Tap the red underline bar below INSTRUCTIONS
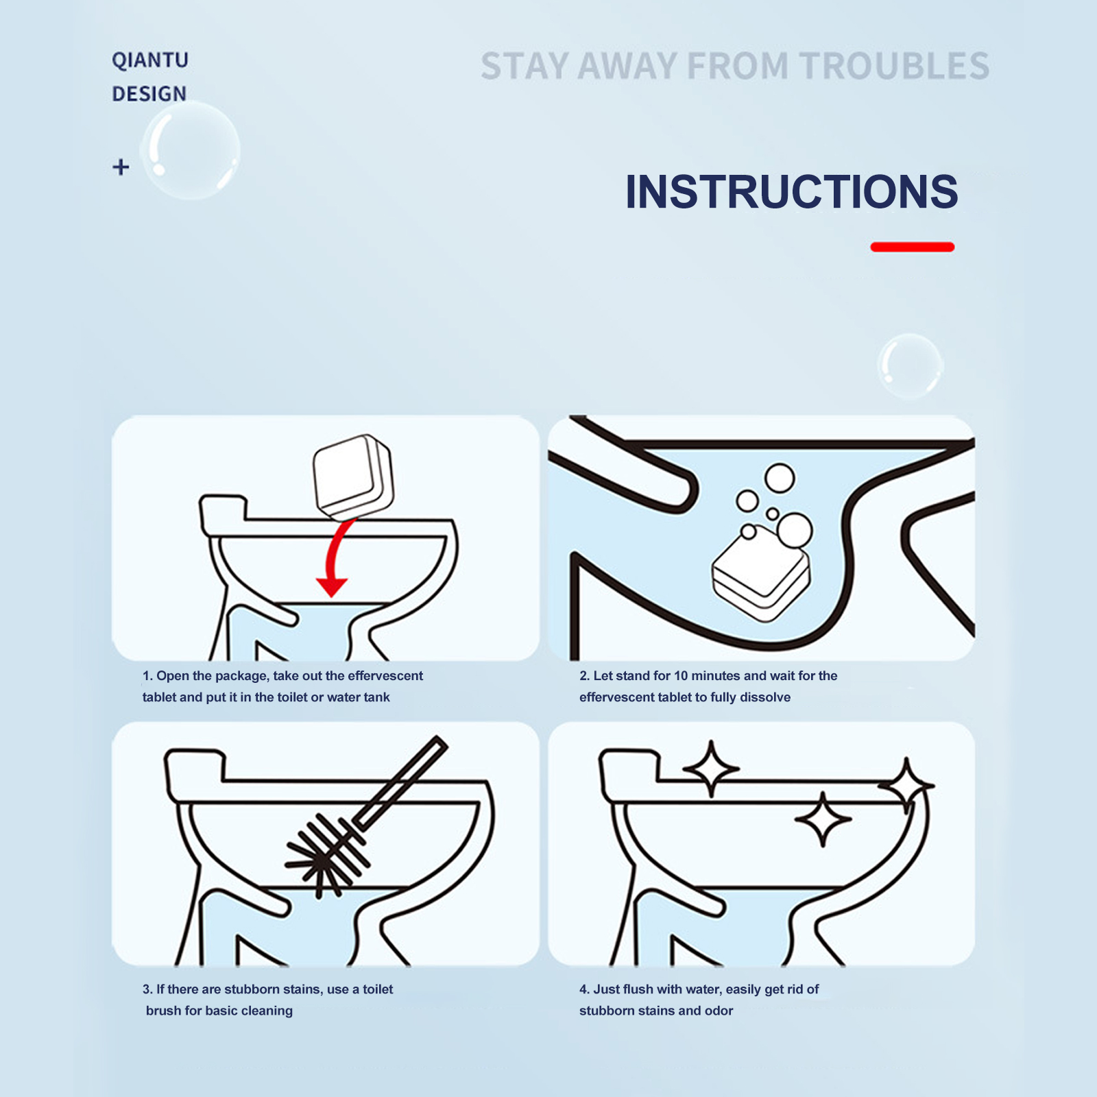[x=913, y=247]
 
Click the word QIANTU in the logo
[x=150, y=60]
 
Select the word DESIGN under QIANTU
[x=149, y=93]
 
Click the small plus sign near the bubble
[x=121, y=167]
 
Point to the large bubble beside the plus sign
[x=191, y=151]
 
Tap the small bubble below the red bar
[x=911, y=366]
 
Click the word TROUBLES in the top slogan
[x=895, y=67]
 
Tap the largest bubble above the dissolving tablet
[x=795, y=531]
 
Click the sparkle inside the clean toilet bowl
[x=823, y=819]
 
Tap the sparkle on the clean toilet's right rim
[x=906, y=786]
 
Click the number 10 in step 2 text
[x=681, y=676]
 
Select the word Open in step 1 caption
[x=173, y=677]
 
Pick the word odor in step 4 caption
[x=719, y=1011]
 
